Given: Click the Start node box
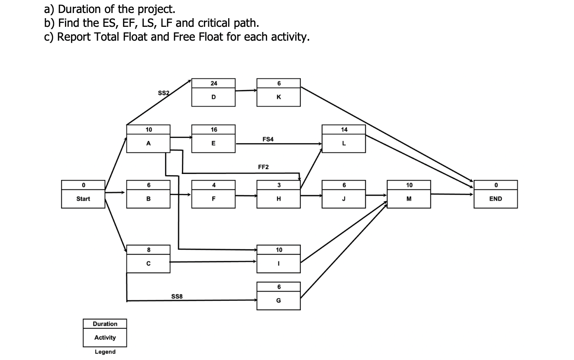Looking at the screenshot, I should pyautogui.click(x=83, y=194).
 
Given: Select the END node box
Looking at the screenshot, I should pyautogui.click(x=496, y=194).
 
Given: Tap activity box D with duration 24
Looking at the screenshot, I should pyautogui.click(x=214, y=93).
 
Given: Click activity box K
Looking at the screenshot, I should pyautogui.click(x=278, y=93).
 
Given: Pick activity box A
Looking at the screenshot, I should pyautogui.click(x=148, y=139).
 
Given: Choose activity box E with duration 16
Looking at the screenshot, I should pyautogui.click(x=214, y=139).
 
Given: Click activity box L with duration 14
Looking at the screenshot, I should pyautogui.click(x=344, y=139).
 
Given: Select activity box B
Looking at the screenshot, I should pyautogui.click(x=148, y=194).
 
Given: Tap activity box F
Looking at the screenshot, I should pyautogui.click(x=214, y=194).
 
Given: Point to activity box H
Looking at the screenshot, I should pyautogui.click(x=278, y=194).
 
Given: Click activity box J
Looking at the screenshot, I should pyautogui.click(x=344, y=194).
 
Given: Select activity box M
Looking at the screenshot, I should pyautogui.click(x=409, y=194).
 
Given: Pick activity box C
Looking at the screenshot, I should pyautogui.click(x=148, y=259).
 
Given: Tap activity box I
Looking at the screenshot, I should pyautogui.click(x=278, y=259).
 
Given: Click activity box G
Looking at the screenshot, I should pyautogui.click(x=278, y=296).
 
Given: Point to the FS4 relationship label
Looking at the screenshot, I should pyautogui.click(x=268, y=139).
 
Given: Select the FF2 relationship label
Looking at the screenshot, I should pyautogui.click(x=263, y=167).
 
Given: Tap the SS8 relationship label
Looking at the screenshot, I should pyautogui.click(x=177, y=296).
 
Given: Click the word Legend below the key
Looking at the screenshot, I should pyautogui.click(x=105, y=352).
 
